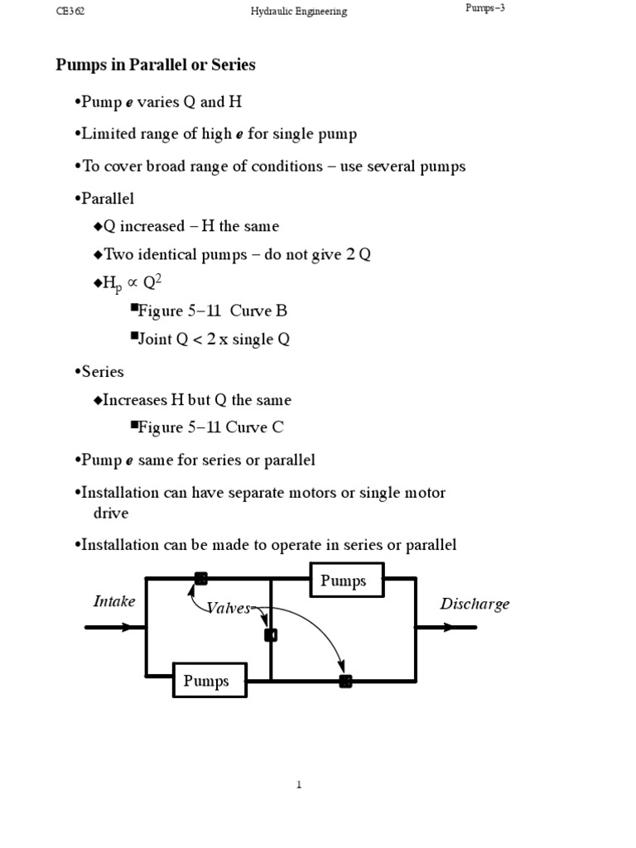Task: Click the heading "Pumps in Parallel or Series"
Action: pyautogui.click(x=156, y=65)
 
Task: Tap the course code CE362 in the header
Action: pyautogui.click(x=69, y=12)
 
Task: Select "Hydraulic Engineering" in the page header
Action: pyautogui.click(x=299, y=12)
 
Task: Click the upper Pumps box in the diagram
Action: pyautogui.click(x=347, y=581)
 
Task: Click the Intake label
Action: pyautogui.click(x=114, y=601)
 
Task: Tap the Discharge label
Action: pyautogui.click(x=475, y=604)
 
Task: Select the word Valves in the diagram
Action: pyautogui.click(x=229, y=609)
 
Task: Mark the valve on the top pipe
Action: pyautogui.click(x=200, y=579)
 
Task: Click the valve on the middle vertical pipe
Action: pyautogui.click(x=270, y=635)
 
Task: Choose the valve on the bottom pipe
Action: pyautogui.click(x=345, y=681)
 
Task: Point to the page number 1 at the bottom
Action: pyautogui.click(x=299, y=785)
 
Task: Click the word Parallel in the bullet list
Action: pyautogui.click(x=108, y=199)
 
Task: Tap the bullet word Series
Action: pyautogui.click(x=103, y=371)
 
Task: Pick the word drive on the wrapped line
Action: pyautogui.click(x=110, y=513)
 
